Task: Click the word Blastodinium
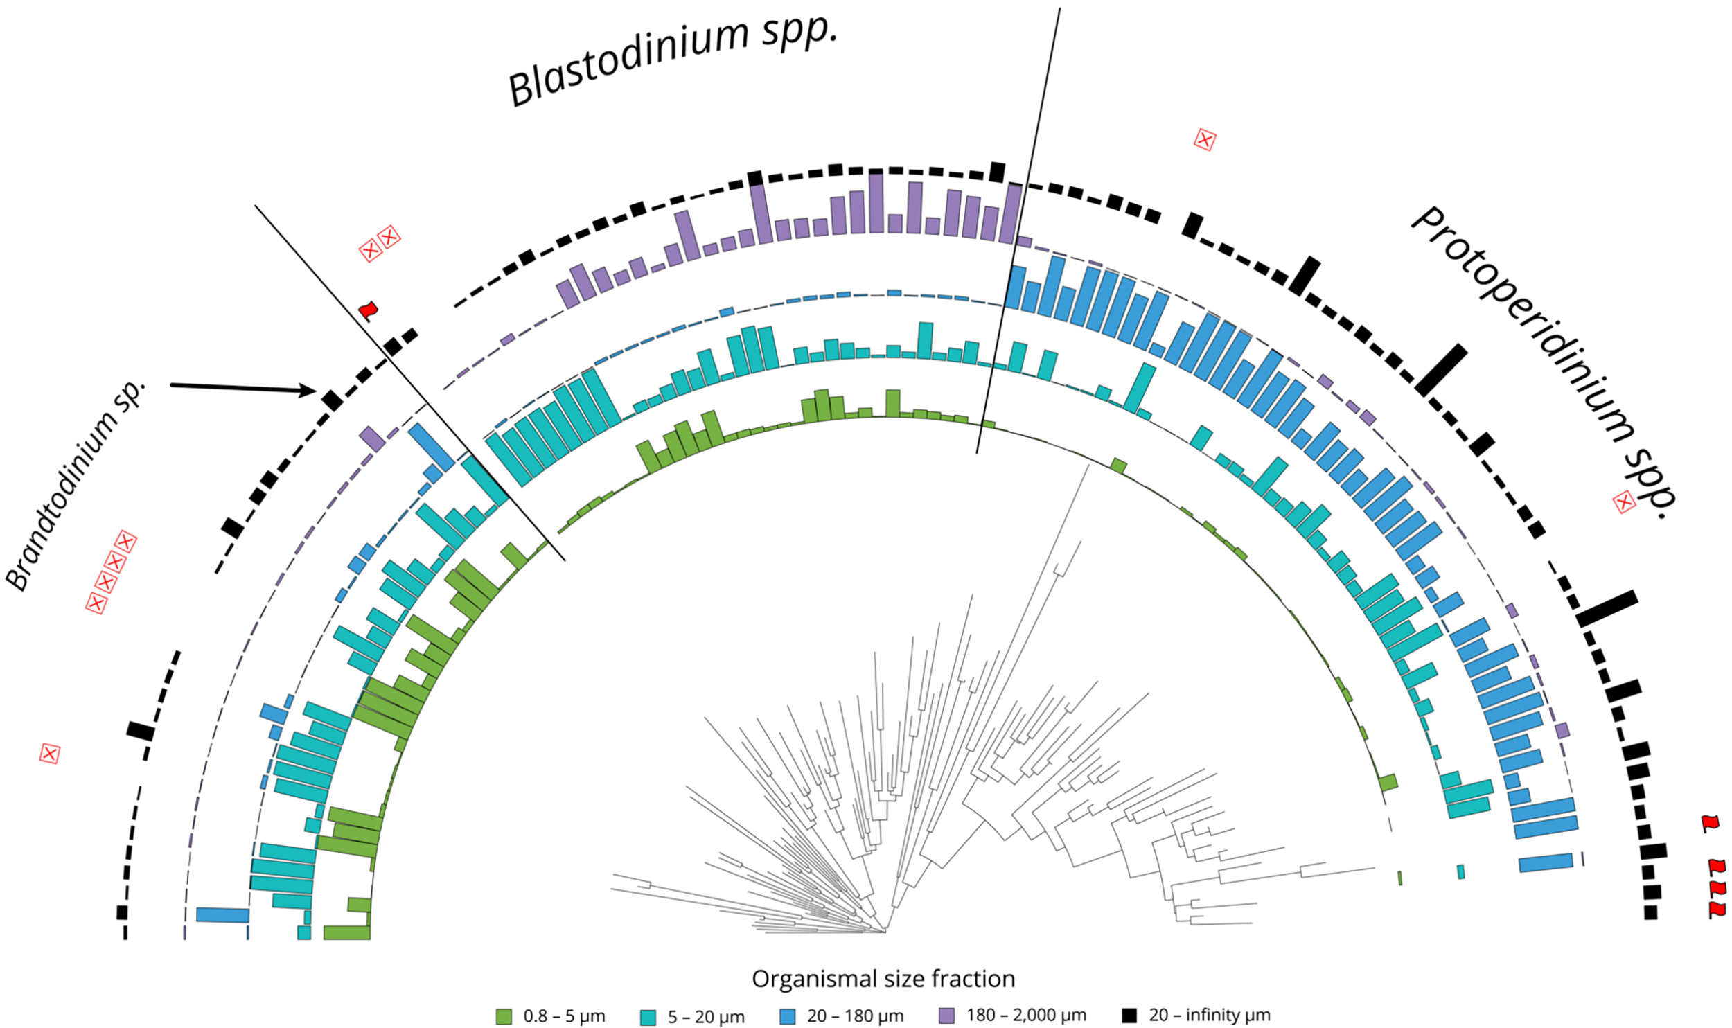627,62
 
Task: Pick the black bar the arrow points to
331,400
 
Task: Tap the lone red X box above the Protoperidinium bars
1205,140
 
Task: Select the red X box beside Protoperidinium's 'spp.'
1624,502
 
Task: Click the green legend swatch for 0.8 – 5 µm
504,1016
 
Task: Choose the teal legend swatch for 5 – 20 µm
648,1016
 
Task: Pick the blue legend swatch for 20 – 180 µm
787,1016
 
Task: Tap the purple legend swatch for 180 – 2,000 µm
946,1016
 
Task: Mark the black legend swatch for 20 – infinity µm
1129,1016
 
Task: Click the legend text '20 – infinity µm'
1209,1016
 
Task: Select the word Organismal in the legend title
804,980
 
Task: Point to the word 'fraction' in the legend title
973,979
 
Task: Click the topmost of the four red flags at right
1711,823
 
